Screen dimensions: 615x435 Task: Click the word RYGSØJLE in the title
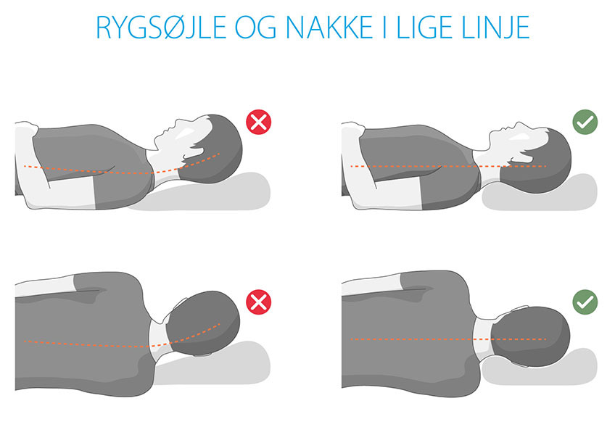tap(161, 28)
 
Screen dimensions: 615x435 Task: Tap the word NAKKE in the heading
tap(329, 28)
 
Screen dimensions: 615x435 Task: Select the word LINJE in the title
tap(496, 28)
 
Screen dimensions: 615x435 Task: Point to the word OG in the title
tap(256, 28)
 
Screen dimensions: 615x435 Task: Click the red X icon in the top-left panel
tap(258, 123)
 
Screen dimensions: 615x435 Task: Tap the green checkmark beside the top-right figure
tap(585, 123)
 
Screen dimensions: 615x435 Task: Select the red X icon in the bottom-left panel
tap(258, 302)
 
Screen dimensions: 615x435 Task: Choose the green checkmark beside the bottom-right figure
tap(585, 302)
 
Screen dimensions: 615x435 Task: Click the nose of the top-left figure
tap(178, 122)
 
